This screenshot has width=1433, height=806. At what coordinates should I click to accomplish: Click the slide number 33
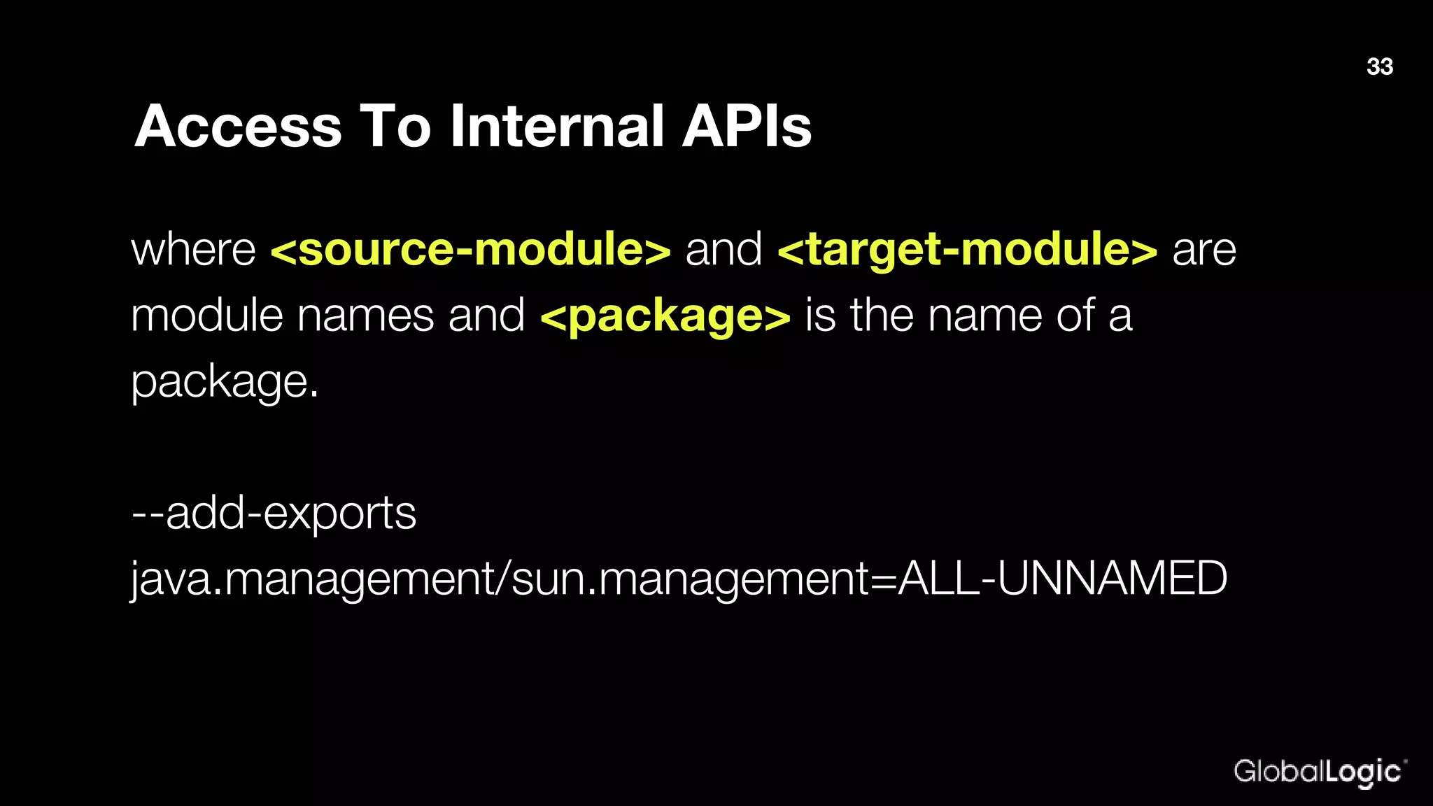(1379, 66)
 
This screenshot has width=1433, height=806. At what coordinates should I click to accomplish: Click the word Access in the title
(238, 127)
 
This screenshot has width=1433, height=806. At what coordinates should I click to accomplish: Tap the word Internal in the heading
(556, 127)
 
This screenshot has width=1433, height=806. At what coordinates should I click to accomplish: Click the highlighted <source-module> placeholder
(470, 250)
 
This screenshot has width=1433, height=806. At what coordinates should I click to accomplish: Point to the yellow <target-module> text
(967, 250)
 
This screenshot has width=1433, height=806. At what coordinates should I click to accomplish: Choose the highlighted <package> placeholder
(665, 316)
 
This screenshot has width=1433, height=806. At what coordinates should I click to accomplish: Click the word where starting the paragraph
(194, 250)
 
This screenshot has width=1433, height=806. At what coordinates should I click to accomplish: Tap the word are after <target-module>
(1204, 250)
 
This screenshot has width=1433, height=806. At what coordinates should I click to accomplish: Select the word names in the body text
(365, 316)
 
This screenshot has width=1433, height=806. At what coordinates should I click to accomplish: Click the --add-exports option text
(274, 514)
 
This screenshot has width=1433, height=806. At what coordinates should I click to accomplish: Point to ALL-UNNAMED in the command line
(1062, 579)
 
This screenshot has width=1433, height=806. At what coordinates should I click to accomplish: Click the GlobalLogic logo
(1318, 772)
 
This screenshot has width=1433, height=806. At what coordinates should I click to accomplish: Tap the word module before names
(206, 316)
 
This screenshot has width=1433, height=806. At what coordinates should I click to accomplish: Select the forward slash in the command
(504, 579)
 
